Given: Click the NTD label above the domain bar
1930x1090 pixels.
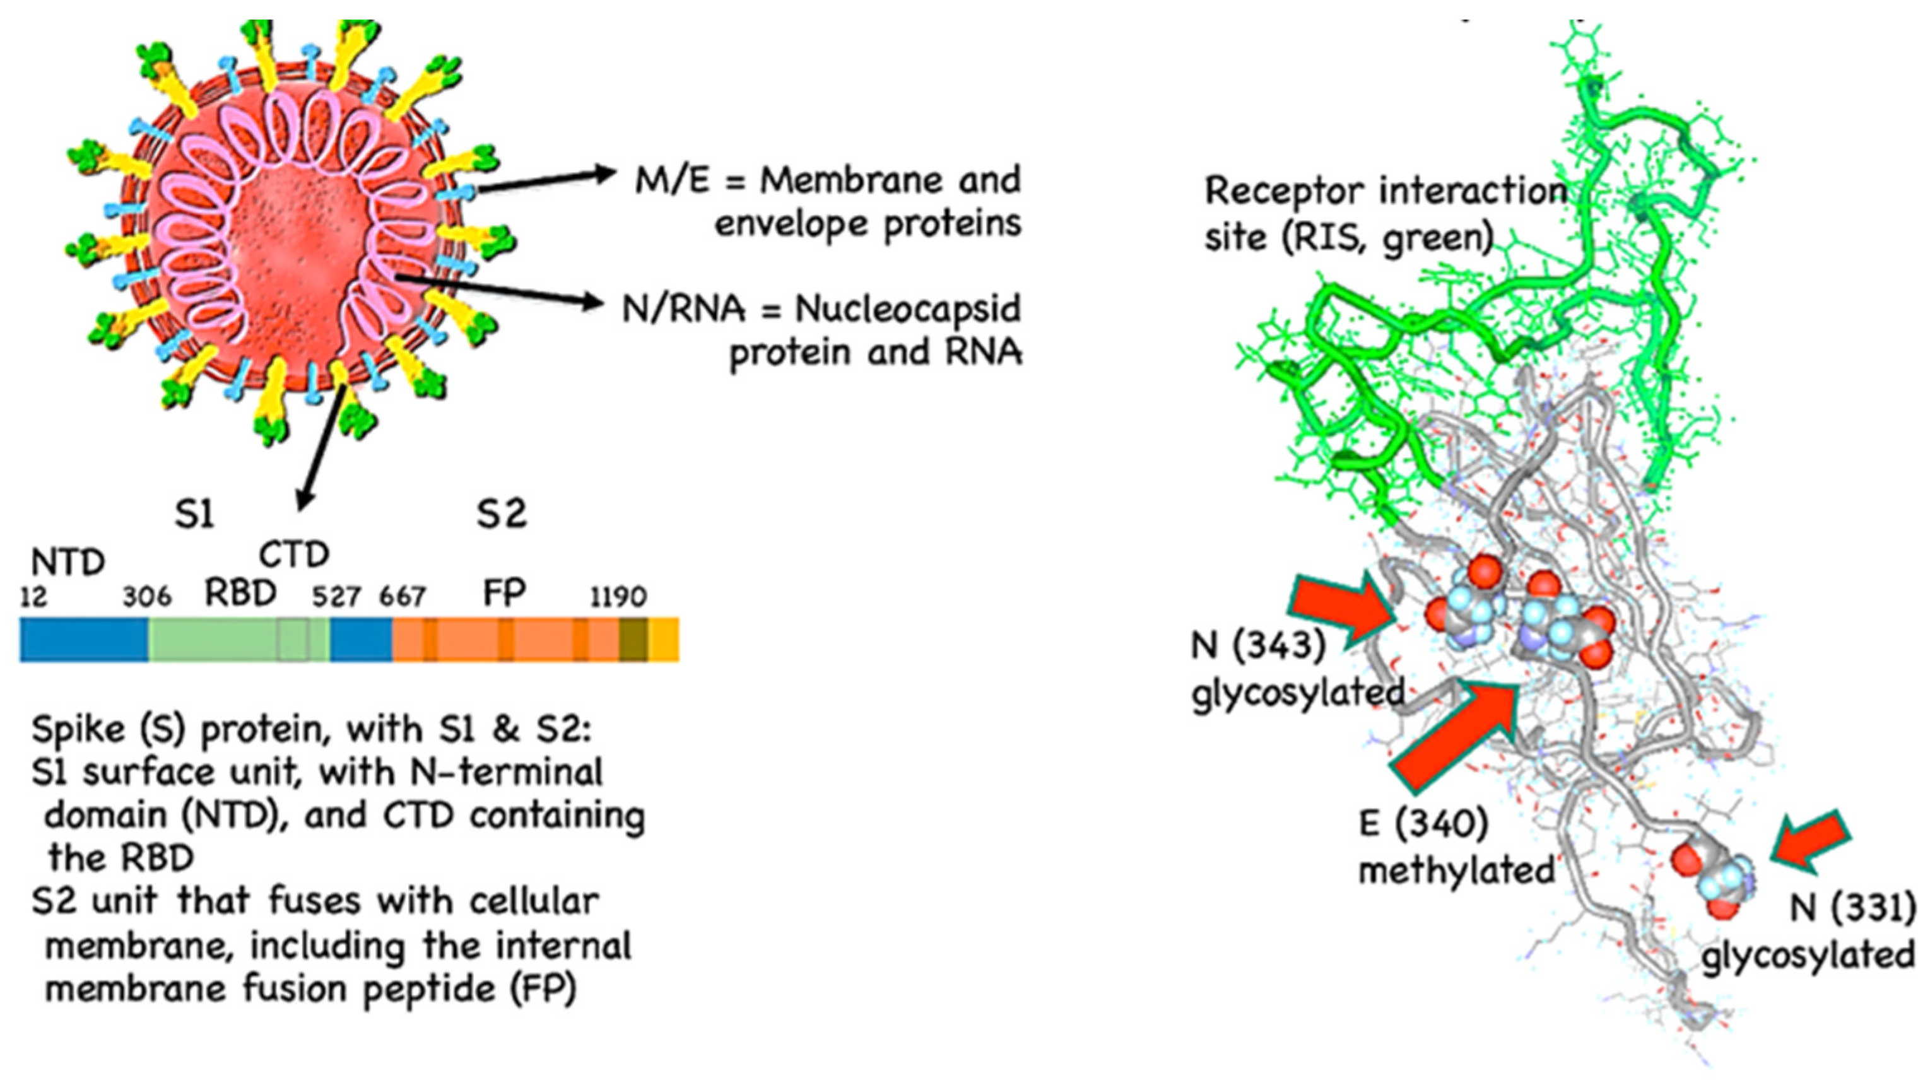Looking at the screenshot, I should [68, 562].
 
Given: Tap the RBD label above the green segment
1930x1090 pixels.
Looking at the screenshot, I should [241, 594].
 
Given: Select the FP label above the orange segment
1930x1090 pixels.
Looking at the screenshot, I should [504, 594].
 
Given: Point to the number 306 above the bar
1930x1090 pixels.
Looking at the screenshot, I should [147, 597].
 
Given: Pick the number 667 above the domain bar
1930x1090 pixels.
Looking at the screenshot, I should [403, 597].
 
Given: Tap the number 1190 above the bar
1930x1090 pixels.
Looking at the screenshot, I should [618, 597].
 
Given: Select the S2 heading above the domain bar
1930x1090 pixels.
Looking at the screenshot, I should [502, 515].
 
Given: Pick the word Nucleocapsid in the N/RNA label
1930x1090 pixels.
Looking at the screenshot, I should [907, 309].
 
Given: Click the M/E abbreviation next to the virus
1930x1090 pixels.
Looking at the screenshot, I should [672, 180].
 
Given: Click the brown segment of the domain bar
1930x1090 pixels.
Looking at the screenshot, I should [632, 640].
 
